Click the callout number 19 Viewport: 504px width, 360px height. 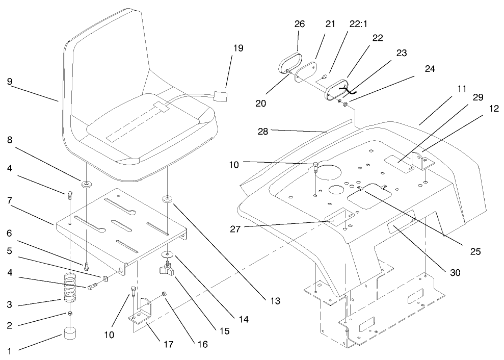coord(238,48)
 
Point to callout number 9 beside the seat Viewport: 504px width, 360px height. coord(10,80)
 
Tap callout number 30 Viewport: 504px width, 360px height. coord(455,272)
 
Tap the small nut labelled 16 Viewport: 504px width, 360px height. coord(165,293)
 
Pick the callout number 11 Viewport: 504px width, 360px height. coord(462,89)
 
